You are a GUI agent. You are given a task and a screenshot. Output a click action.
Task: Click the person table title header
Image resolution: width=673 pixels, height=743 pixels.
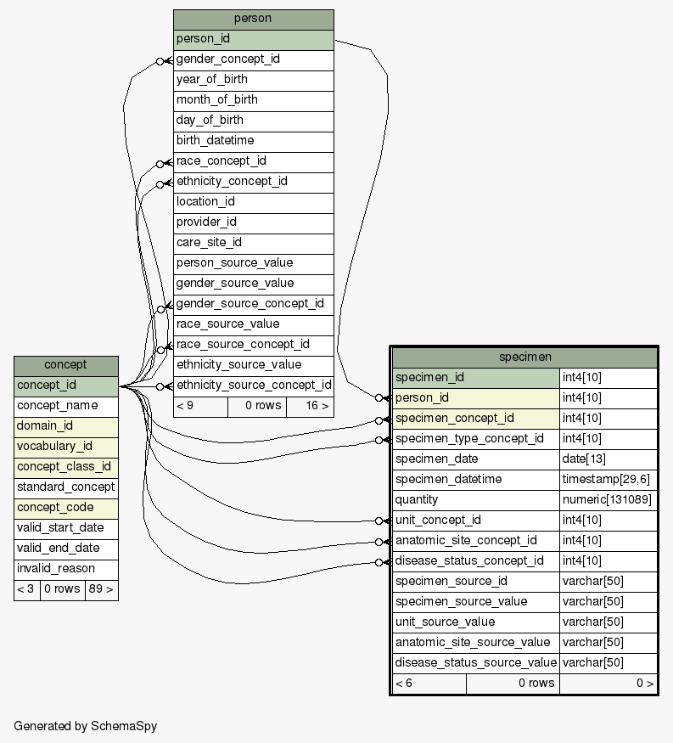[x=253, y=19]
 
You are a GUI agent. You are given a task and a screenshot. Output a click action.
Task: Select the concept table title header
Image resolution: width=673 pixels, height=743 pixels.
[x=65, y=365]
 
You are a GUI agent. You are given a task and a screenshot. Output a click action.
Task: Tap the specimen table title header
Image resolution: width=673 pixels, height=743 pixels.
[x=524, y=357]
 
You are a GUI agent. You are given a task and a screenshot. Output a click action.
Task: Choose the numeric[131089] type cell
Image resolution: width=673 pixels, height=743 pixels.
[x=607, y=500]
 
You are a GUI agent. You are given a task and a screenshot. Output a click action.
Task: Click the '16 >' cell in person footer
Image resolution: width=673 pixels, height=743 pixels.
[x=310, y=406]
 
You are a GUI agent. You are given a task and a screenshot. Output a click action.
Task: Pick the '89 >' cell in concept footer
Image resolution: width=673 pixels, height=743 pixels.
[x=101, y=589]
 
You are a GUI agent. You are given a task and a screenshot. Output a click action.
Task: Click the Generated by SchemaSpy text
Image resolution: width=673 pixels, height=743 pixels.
[x=85, y=727]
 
